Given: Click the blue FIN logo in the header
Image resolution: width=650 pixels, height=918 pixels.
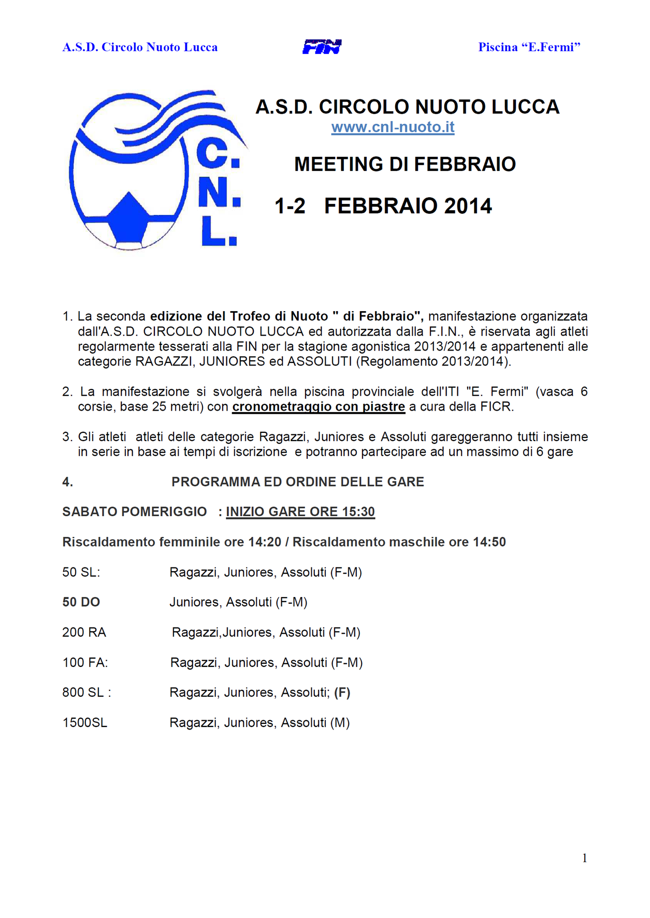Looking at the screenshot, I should coord(322,47).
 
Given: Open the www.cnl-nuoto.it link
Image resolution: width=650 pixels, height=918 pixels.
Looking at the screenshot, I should coord(393,127).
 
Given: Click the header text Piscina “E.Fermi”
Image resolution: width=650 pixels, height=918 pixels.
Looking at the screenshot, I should coord(529,47).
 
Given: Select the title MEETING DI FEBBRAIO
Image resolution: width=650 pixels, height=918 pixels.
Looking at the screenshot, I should coord(405,164).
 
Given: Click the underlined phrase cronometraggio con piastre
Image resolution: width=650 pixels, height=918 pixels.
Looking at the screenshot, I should coord(318,407).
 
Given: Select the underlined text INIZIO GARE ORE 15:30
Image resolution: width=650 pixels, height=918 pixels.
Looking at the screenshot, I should coord(300,512).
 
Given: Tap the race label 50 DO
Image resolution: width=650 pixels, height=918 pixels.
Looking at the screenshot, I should coord(81,602).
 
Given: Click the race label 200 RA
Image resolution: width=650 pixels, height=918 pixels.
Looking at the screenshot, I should coord(84,632).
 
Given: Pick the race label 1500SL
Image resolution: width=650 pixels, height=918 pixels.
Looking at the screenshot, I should coord(85,723).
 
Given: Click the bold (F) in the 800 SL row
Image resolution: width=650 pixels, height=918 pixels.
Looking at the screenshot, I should coord(342,693).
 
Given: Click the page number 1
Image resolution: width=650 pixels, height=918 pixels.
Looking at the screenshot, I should coord(584,858).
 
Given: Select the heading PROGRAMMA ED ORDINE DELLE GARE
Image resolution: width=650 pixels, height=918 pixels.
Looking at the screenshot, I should coord(298,482).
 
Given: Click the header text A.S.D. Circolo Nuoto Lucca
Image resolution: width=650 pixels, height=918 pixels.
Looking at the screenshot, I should coord(140,47).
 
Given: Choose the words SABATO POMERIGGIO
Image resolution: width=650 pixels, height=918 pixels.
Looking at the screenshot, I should coord(135,512).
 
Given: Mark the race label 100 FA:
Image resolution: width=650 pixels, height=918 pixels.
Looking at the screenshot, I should coord(85,663).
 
